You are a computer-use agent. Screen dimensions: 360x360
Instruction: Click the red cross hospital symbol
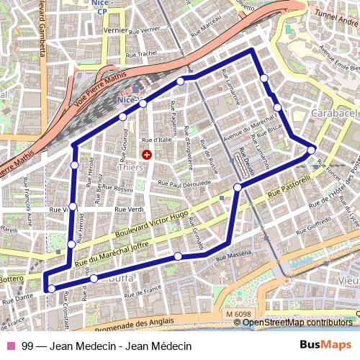pos(148,154)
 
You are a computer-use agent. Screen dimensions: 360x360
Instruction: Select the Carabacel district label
pos(334,114)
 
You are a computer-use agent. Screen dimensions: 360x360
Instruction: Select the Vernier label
pos(114,30)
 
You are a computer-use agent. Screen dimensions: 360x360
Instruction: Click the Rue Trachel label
pos(141,53)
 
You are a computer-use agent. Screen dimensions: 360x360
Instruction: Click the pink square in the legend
pos(12,346)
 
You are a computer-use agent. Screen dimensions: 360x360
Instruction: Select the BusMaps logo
pos(325,346)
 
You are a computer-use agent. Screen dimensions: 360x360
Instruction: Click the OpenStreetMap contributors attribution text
pos(300,322)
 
